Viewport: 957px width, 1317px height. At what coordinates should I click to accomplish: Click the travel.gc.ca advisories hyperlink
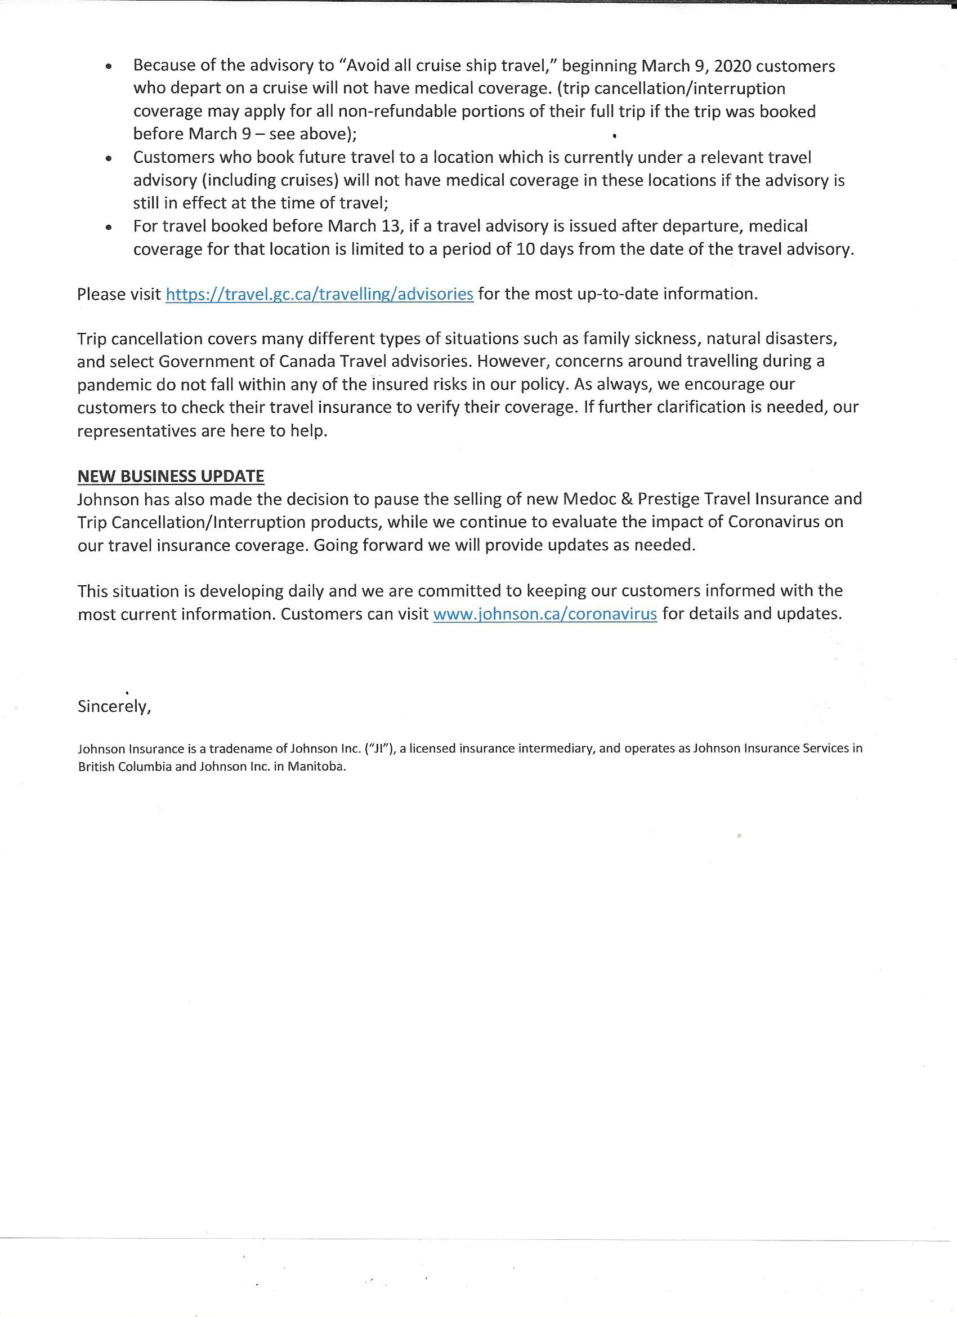coord(319,294)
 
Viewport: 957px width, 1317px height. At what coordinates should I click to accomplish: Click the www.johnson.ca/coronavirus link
coord(545,614)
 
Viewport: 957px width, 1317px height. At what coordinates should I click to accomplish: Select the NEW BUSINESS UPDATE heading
coord(171,476)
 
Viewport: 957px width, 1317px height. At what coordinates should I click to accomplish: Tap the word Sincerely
coord(114,706)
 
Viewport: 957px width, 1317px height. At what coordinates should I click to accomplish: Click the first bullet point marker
coord(109,67)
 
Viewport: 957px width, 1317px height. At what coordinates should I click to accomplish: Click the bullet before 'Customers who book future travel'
coord(109,158)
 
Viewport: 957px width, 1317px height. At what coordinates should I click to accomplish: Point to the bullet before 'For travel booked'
coord(109,227)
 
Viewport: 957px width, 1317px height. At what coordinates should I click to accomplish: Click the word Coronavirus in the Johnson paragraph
coord(774,522)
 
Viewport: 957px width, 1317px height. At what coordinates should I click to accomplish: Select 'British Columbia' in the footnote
coord(125,766)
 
